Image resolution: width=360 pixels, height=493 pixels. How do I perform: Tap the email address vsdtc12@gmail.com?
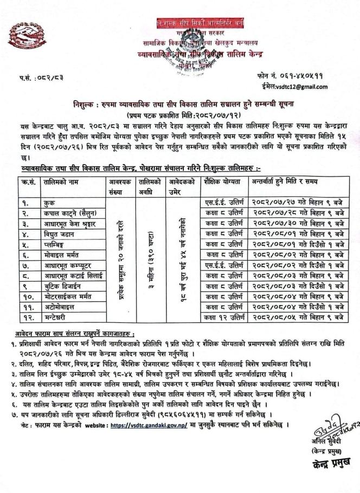(294, 87)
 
